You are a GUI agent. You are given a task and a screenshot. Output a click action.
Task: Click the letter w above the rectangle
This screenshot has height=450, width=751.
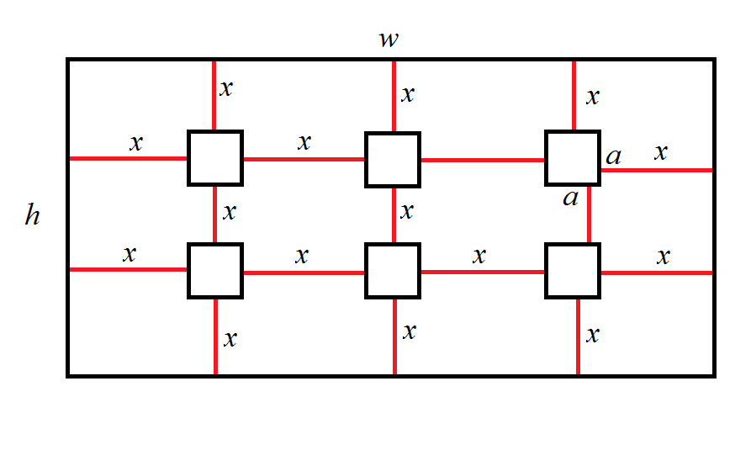coord(388,40)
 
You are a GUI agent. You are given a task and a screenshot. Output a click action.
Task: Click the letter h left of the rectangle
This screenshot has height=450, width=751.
coord(32,216)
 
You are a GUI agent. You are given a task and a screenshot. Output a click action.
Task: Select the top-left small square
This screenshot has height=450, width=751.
coord(214,157)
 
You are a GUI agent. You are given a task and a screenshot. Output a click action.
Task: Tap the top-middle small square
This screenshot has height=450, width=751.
coord(393,159)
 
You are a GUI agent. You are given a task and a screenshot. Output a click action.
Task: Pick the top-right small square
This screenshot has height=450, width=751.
coord(573,157)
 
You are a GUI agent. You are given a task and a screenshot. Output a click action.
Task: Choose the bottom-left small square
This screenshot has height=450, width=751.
coord(214,270)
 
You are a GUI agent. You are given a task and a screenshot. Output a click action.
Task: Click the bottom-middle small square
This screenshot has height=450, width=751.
coord(393,270)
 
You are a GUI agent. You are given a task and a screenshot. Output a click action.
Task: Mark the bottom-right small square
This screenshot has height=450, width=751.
coord(574,270)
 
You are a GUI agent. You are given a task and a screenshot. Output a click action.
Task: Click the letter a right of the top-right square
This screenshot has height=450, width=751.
coord(614,156)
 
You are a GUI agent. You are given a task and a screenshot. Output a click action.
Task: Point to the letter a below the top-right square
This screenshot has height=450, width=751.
coord(571,199)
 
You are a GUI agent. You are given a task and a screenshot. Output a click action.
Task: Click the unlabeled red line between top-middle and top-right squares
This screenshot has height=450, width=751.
coord(483,159)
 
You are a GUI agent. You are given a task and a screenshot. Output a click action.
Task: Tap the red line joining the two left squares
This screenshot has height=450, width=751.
coord(215,214)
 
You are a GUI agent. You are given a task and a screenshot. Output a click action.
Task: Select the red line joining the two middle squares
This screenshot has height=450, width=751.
coord(394,214)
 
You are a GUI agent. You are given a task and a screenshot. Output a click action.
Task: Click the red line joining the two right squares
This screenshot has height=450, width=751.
coord(589,214)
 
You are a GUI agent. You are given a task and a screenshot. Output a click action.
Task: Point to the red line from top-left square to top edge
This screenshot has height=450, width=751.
coord(214,95)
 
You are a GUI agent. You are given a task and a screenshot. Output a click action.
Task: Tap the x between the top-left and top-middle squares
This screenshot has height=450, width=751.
coord(304,141)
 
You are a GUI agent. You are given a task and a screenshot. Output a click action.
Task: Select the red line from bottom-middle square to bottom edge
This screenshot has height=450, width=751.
coord(394,336)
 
